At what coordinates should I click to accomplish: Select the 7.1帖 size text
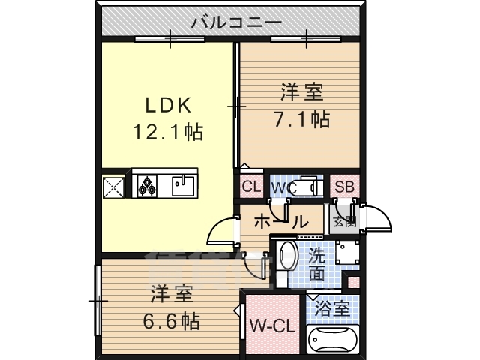302,118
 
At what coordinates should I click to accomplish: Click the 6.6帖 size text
172,320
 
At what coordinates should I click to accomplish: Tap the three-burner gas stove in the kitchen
145,185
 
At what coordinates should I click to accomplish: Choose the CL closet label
250,187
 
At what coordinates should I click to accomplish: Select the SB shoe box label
344,187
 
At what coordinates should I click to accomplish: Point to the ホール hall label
280,221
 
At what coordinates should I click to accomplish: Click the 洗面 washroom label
317,263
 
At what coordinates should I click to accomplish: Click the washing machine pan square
347,255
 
